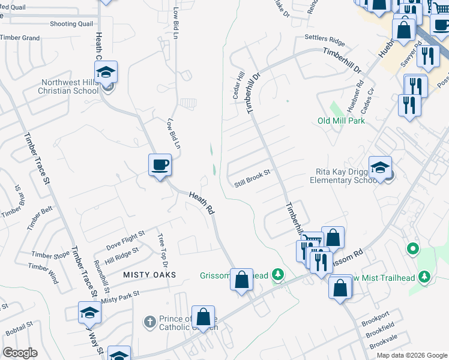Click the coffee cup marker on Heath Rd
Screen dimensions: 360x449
pos(160,165)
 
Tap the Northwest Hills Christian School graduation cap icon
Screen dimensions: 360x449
pos(106,73)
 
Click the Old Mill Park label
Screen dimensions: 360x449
pos(341,121)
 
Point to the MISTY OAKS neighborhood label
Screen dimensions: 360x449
pos(149,274)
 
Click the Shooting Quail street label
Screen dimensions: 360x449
pos(71,23)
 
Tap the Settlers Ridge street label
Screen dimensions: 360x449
pos(325,40)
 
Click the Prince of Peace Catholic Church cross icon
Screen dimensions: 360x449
pos(150,322)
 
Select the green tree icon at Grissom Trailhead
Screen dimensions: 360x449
pos(277,275)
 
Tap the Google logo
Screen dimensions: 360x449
pos(20,353)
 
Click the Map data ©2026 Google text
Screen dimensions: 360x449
pos(412,355)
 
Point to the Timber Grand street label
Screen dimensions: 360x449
pos(20,38)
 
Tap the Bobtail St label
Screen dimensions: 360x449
pos(19,328)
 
